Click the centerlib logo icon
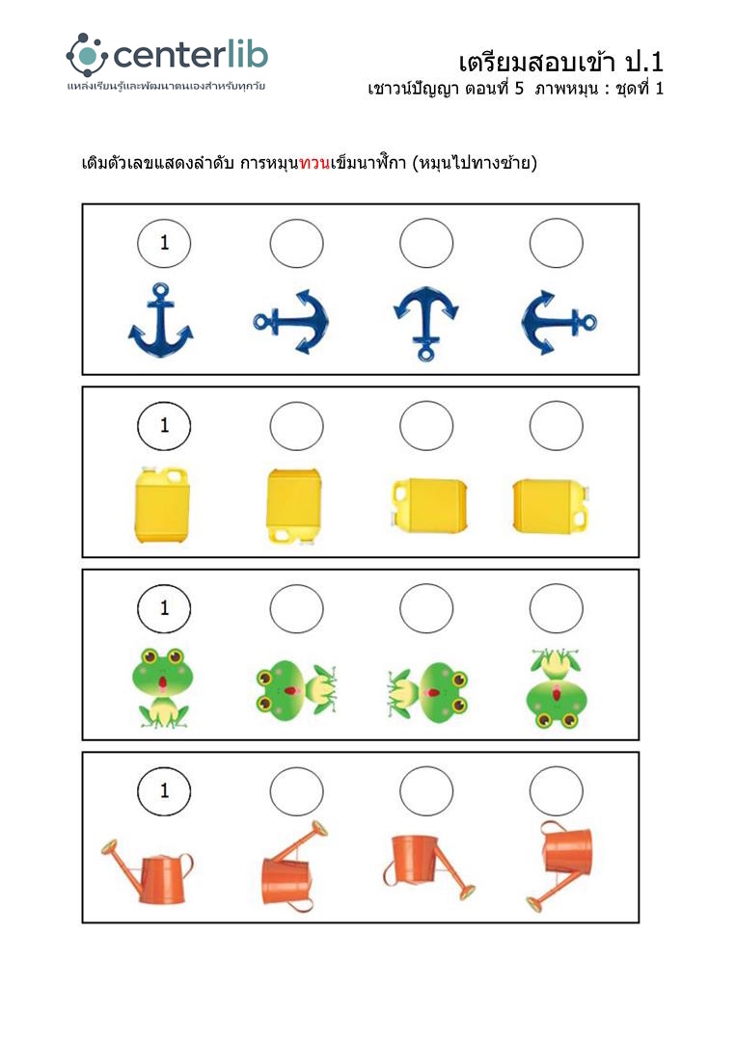[x=87, y=55]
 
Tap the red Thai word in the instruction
[x=314, y=163]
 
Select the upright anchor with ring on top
[x=161, y=320]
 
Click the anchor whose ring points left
[x=291, y=322]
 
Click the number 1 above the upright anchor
[x=165, y=243]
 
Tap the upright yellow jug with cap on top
[x=162, y=504]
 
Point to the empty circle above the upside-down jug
[x=296, y=426]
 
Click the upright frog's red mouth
[x=162, y=682]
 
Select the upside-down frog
[x=557, y=688]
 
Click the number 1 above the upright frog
[x=165, y=608]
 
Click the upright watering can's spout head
[x=109, y=847]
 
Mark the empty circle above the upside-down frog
[x=556, y=608]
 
